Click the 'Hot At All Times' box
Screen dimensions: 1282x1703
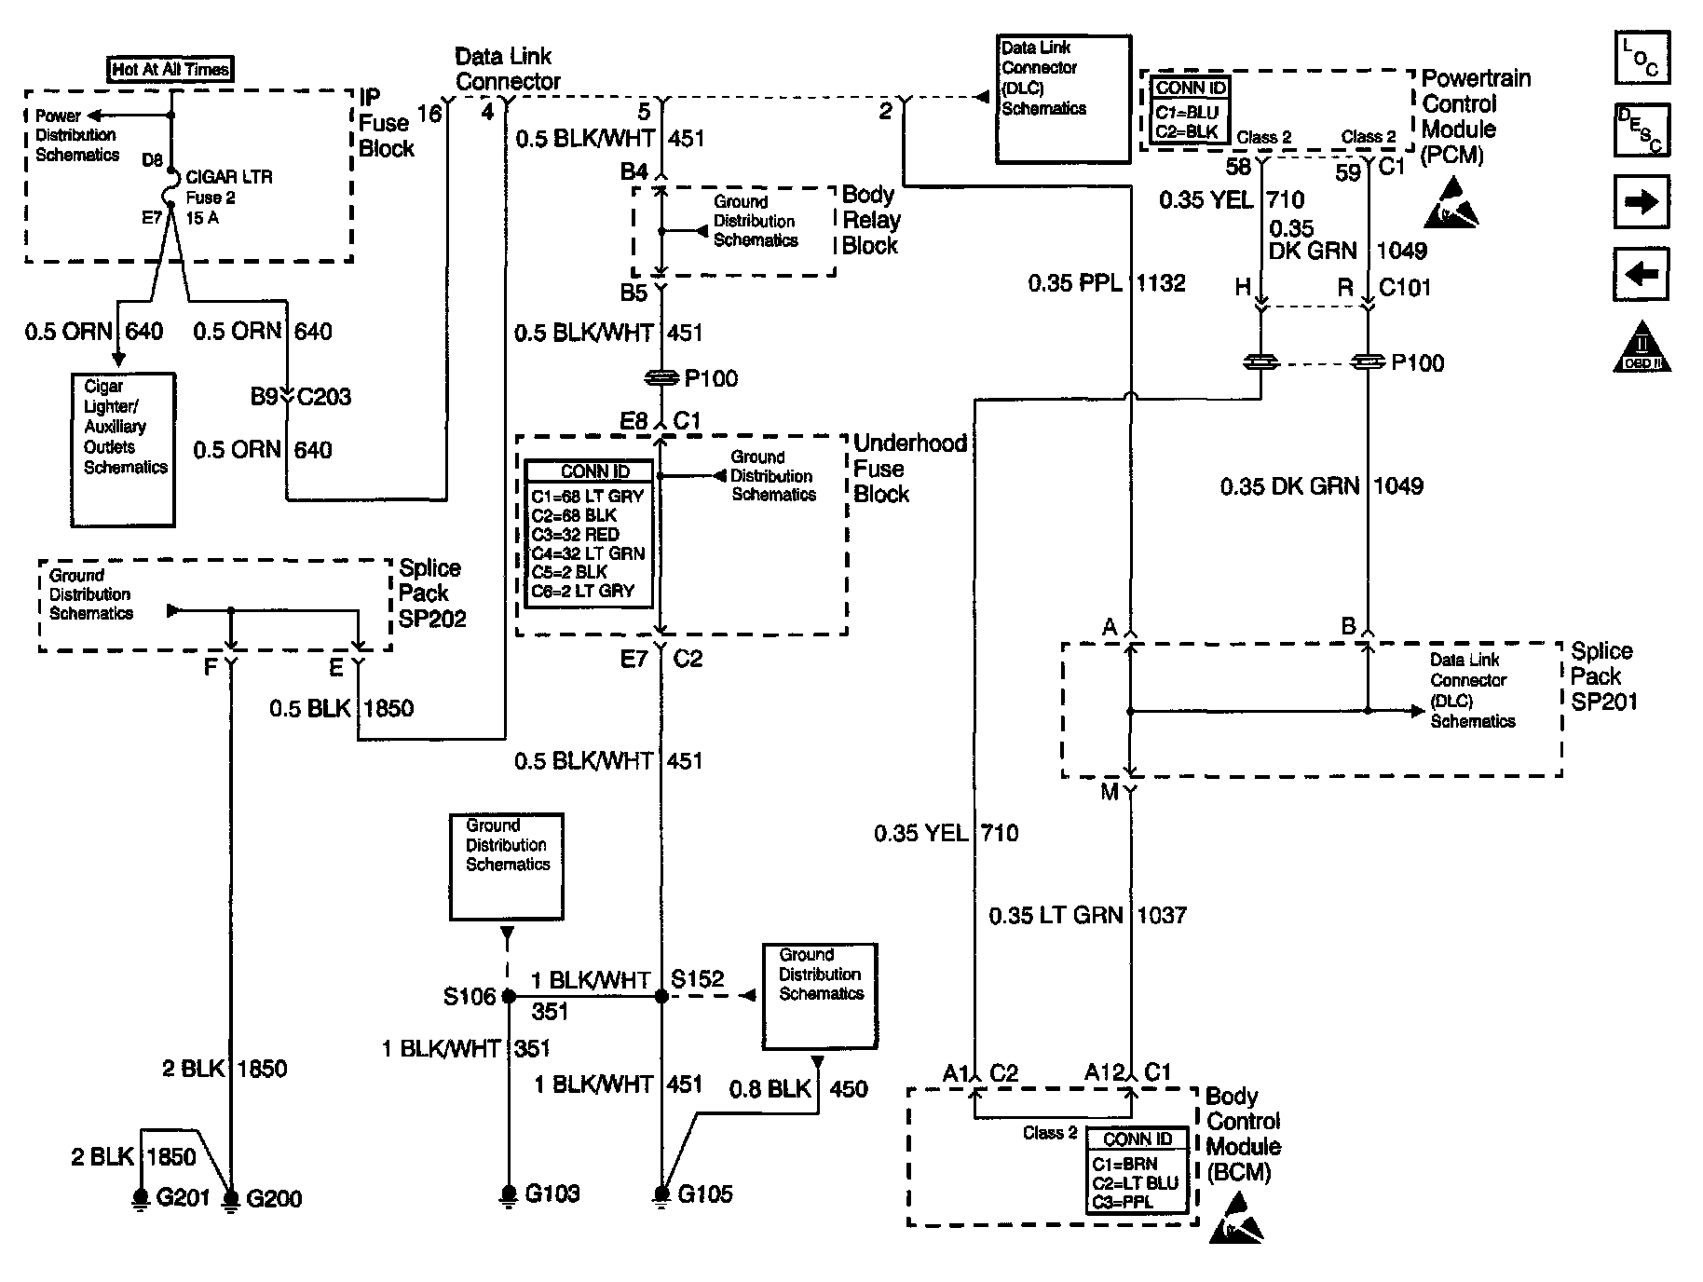(x=170, y=69)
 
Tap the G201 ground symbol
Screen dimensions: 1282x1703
(x=141, y=1198)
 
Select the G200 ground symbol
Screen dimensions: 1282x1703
(x=231, y=1198)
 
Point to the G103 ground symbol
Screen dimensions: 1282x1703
(x=509, y=1194)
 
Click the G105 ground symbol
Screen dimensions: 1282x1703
(x=661, y=1194)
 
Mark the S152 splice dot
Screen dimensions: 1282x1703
(x=661, y=996)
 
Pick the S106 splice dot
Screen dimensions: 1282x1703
(x=509, y=996)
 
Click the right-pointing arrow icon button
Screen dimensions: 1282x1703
(x=1641, y=202)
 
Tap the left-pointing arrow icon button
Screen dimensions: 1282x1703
(x=1641, y=274)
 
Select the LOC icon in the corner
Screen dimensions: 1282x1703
(x=1642, y=58)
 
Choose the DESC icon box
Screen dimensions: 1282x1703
(x=1642, y=130)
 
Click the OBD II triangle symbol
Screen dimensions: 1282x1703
(x=1642, y=348)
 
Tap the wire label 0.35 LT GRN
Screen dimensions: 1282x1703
(x=1056, y=916)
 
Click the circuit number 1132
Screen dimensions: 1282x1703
(x=1161, y=283)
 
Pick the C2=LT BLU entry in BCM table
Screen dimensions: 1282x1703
(x=1135, y=1182)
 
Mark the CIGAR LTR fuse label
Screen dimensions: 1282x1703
(x=229, y=177)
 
